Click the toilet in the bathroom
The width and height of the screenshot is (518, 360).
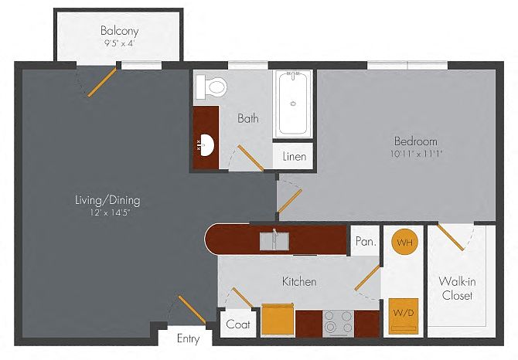click(211, 87)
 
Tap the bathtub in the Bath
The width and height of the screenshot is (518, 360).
click(293, 104)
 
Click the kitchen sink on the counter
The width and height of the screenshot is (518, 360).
click(274, 240)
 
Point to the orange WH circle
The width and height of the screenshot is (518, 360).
click(404, 243)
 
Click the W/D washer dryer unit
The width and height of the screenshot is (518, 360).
click(404, 317)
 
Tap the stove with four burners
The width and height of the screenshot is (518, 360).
click(338, 324)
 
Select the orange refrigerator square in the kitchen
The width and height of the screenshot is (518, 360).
click(278, 321)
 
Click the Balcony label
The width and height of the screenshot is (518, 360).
click(119, 31)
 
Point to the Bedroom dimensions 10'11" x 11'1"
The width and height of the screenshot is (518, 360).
click(416, 154)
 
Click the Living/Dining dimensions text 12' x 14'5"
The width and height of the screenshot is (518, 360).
click(110, 212)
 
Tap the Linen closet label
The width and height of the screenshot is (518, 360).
click(295, 156)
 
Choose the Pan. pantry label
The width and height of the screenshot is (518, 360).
click(366, 242)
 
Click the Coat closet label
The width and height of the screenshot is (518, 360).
click(238, 324)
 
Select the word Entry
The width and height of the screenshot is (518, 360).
click(189, 339)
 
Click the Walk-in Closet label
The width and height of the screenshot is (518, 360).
click(457, 288)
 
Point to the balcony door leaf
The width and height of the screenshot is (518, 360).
click(102, 82)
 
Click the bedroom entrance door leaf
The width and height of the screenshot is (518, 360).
click(290, 201)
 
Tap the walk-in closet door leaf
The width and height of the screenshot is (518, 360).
click(451, 237)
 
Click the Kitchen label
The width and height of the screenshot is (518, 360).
click(299, 281)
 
